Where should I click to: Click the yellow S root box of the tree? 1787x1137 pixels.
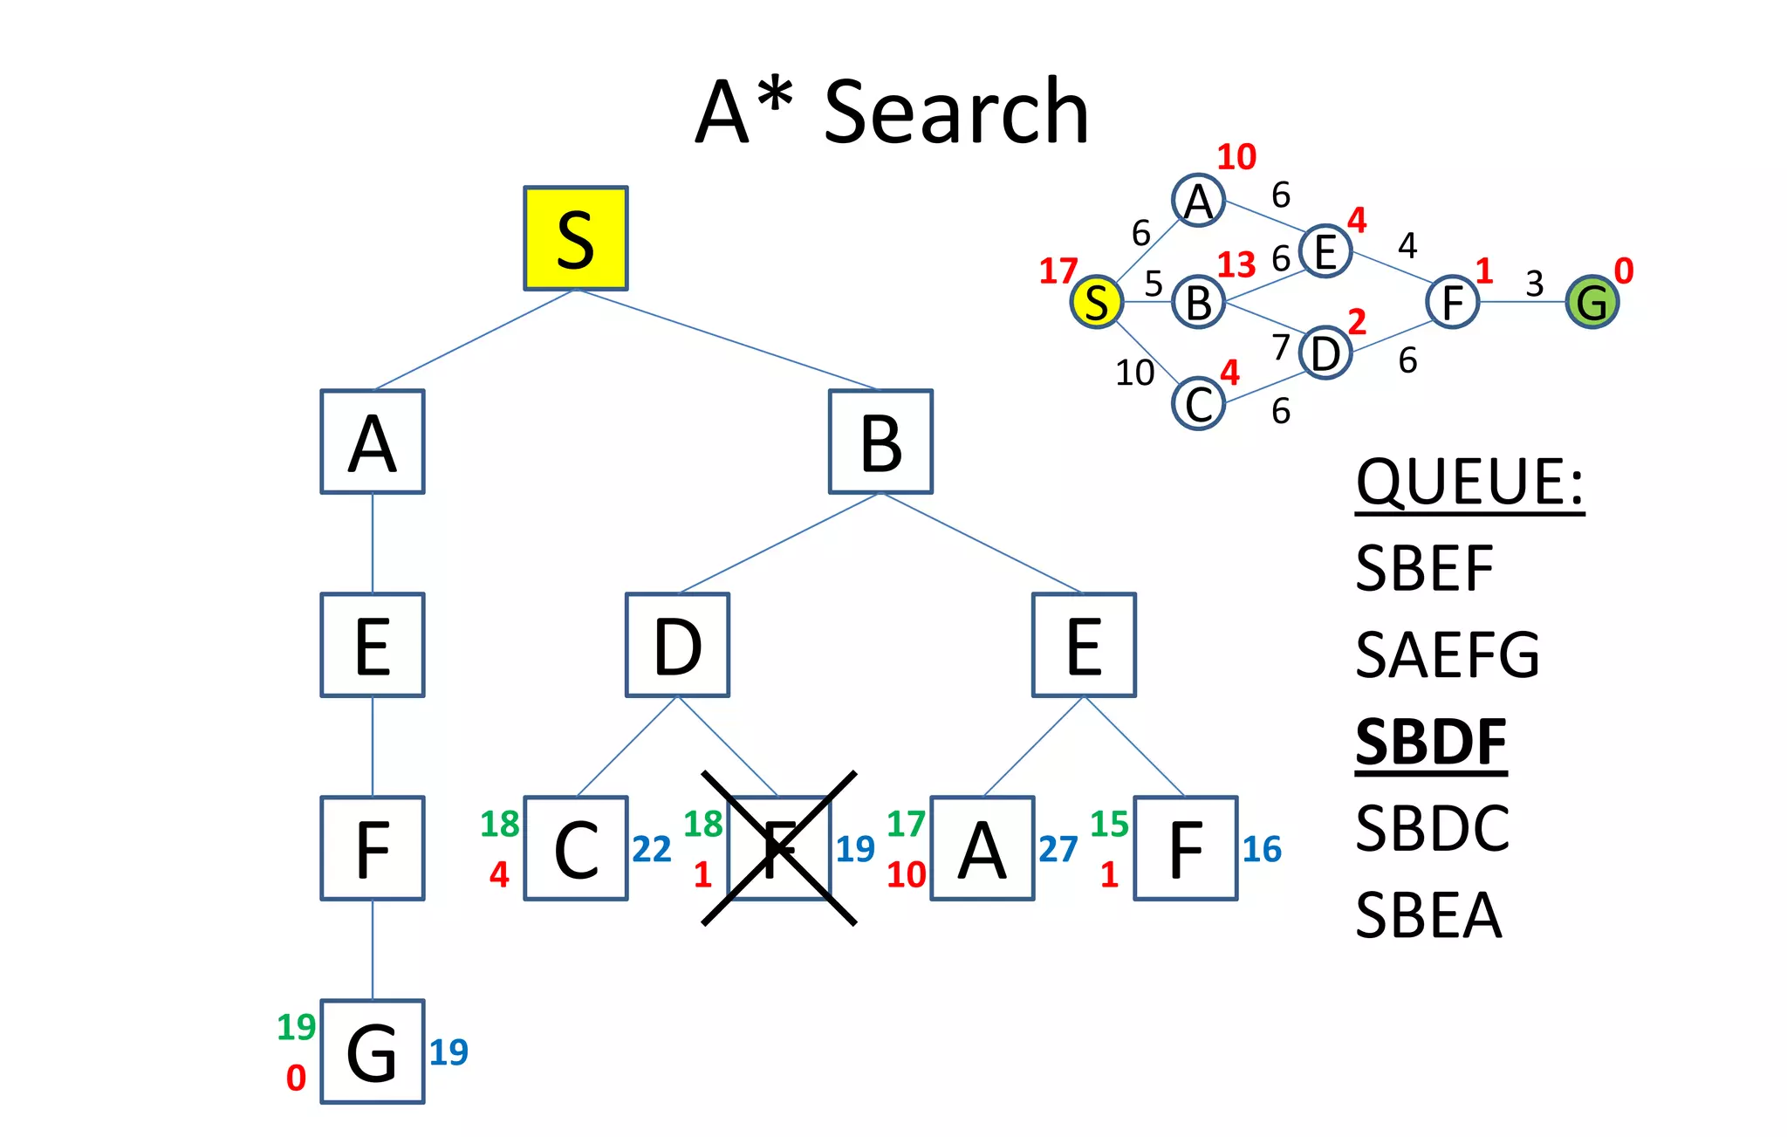(575, 238)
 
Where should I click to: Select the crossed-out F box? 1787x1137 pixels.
(778, 848)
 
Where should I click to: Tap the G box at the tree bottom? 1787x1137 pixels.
(373, 1051)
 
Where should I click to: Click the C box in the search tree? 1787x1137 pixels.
(576, 848)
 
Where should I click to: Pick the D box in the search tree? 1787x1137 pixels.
(677, 645)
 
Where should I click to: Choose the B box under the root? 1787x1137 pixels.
(880, 442)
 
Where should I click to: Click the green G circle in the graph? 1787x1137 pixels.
(1592, 302)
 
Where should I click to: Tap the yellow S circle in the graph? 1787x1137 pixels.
(1096, 302)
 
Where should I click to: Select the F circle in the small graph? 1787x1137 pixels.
(1452, 302)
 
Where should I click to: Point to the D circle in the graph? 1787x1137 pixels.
(1325, 353)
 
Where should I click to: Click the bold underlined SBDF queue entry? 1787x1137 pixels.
(1431, 743)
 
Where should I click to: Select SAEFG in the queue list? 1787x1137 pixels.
(1448, 655)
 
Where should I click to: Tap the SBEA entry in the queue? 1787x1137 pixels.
(1428, 916)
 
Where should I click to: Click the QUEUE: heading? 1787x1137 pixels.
(1469, 482)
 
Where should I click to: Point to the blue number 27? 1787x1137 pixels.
(1058, 849)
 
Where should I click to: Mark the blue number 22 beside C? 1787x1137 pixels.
(651, 849)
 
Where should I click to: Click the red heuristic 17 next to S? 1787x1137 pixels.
(1058, 271)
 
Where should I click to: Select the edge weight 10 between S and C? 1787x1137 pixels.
(1134, 373)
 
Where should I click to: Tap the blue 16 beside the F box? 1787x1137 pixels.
(1262, 849)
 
